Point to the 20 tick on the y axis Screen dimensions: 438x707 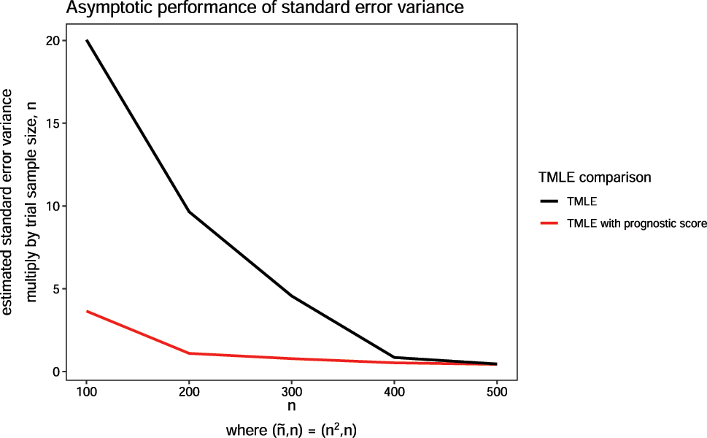pyautogui.click(x=52, y=41)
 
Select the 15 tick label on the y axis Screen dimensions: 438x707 pyautogui.click(x=52, y=123)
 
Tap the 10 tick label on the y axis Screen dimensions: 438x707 pyautogui.click(x=52, y=206)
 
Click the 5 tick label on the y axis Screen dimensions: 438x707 pyautogui.click(x=55, y=289)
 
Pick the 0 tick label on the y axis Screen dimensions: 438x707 pyautogui.click(x=55, y=372)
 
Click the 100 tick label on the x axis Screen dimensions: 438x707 pyautogui.click(x=87, y=391)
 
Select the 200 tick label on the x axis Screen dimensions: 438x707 pyautogui.click(x=190, y=391)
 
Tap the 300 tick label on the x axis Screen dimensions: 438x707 pyautogui.click(x=292, y=391)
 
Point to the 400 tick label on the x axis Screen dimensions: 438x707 pyautogui.click(x=395, y=391)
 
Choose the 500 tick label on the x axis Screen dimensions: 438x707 pyautogui.click(x=497, y=391)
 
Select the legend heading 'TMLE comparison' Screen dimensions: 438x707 pyautogui.click(x=594, y=177)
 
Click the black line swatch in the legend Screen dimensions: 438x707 pyautogui.click(x=549, y=201)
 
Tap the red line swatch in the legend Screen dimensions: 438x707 pyautogui.click(x=549, y=224)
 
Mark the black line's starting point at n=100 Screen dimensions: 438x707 pyautogui.click(x=87, y=41)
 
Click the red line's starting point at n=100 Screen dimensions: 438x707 pyautogui.click(x=87, y=312)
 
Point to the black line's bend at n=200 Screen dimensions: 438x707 pyautogui.click(x=190, y=212)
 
